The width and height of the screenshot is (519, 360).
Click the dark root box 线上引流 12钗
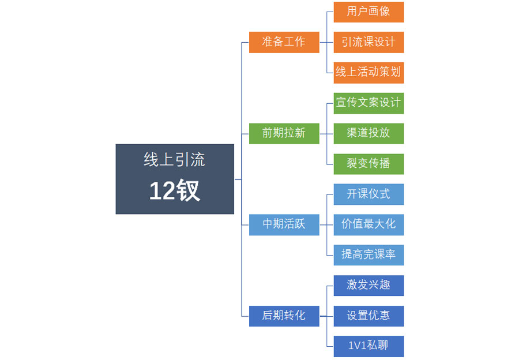[175, 179]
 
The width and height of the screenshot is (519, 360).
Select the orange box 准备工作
[284, 42]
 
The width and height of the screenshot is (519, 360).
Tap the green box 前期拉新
[284, 133]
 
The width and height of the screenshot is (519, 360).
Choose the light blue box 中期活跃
[284, 224]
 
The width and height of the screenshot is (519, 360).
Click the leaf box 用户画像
[368, 12]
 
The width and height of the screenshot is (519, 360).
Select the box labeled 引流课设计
[368, 42]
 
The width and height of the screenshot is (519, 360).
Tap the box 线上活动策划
[368, 73]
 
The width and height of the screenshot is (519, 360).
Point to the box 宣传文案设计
[368, 103]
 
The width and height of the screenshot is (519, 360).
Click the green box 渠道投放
[368, 133]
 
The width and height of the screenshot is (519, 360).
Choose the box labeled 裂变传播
[368, 164]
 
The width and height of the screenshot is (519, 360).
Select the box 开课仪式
[368, 194]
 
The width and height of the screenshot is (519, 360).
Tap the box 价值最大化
[368, 224]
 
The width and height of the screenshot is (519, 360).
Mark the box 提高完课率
[368, 255]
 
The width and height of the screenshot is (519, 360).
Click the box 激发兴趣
[368, 286]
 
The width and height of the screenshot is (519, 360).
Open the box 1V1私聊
[368, 346]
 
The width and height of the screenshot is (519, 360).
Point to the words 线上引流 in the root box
[175, 160]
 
